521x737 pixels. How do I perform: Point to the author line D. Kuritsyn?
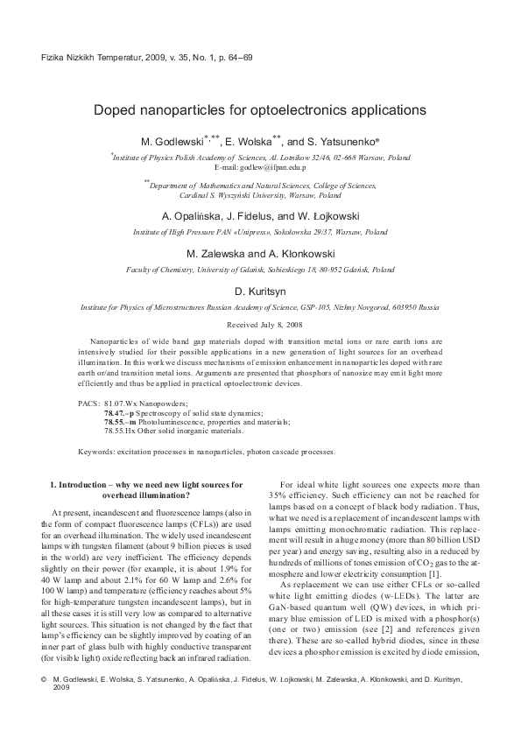click(260, 291)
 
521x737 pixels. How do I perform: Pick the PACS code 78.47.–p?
click(122, 412)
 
